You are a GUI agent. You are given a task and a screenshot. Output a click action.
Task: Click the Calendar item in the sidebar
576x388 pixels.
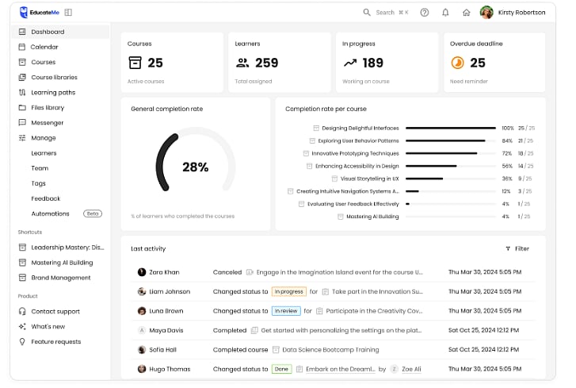(44, 47)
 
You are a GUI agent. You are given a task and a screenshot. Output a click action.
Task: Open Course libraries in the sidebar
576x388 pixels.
(54, 77)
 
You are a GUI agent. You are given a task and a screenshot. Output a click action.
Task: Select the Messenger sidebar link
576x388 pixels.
(47, 123)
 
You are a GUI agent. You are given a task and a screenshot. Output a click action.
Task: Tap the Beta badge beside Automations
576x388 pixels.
(93, 213)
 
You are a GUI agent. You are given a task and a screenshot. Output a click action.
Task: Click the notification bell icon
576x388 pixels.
(445, 13)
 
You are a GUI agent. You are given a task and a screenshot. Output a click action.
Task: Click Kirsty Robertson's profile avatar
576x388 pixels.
(486, 13)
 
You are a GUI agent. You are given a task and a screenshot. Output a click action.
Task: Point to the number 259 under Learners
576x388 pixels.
(267, 63)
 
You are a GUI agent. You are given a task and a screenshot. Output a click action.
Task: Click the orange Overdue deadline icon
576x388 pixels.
(457, 63)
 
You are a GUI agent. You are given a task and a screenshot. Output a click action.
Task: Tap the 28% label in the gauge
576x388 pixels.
(195, 167)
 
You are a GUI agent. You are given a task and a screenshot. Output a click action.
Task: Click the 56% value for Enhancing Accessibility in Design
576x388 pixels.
(507, 166)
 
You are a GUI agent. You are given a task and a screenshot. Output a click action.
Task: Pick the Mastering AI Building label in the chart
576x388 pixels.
(372, 217)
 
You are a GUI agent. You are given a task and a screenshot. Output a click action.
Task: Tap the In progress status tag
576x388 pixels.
(288, 291)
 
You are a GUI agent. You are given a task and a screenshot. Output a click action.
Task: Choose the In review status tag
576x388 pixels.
(286, 311)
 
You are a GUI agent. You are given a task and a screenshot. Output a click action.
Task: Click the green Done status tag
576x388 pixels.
(281, 369)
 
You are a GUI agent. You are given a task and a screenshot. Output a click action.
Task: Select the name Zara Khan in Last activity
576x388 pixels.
(165, 272)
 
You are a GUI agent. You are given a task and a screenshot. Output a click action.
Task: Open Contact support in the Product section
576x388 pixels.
(55, 311)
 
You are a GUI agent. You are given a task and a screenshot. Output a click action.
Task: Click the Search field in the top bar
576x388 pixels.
(386, 13)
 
